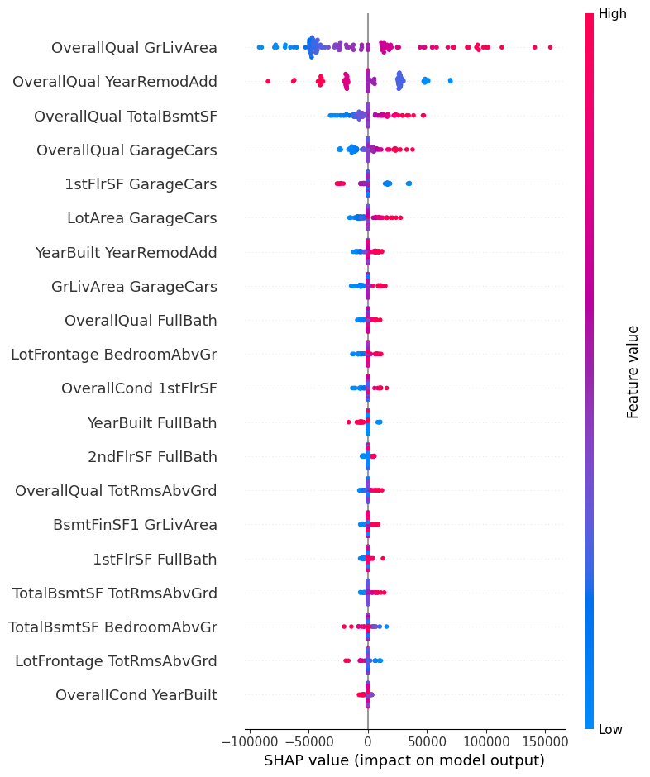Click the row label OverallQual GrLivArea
pyautogui.click(x=134, y=48)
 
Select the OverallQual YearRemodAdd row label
pyautogui.click(x=115, y=82)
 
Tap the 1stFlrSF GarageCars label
pyautogui.click(x=141, y=184)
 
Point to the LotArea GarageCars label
pyautogui.click(x=142, y=218)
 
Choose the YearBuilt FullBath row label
pyautogui.click(x=152, y=423)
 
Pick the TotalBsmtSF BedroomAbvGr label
pyautogui.click(x=112, y=627)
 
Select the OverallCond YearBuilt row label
pyautogui.click(x=136, y=695)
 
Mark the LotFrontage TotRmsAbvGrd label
pyautogui.click(x=116, y=661)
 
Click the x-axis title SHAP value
pyautogui.click(x=404, y=760)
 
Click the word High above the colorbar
pyautogui.click(x=613, y=14)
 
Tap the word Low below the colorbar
pyautogui.click(x=611, y=730)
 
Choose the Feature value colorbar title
pyautogui.click(x=633, y=371)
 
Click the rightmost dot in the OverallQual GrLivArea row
pyautogui.click(x=550, y=47)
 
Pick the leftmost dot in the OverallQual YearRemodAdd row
pyautogui.click(x=267, y=81)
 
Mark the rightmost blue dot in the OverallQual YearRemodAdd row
pyautogui.click(x=450, y=81)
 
